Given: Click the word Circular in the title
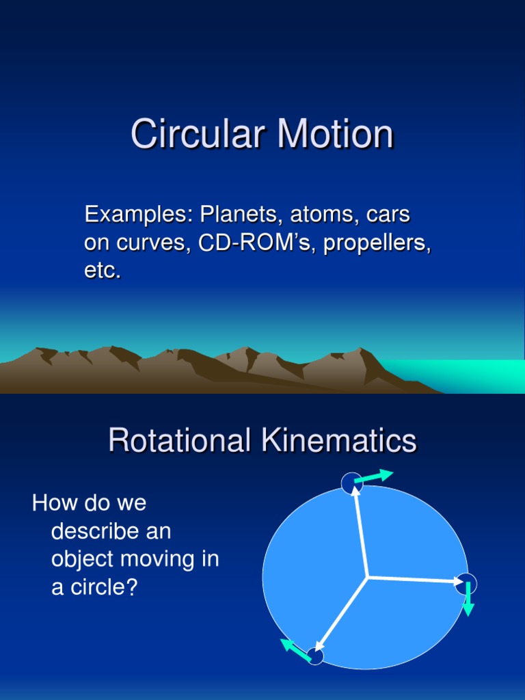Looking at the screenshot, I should [197, 134].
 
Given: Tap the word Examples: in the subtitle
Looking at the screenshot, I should [139, 215].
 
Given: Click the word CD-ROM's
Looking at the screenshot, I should [257, 243].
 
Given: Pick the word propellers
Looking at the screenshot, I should [377, 243].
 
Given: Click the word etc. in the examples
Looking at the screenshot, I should [103, 271].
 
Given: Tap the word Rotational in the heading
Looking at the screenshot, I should [179, 441].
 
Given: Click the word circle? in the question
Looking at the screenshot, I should [103, 587].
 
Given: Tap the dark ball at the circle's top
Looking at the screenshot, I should [351, 483].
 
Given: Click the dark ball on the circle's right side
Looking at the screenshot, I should [466, 583].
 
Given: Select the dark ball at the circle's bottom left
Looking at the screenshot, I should [314, 656].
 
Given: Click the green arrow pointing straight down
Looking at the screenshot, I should [468, 600].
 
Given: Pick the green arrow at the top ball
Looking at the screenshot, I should [374, 476].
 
